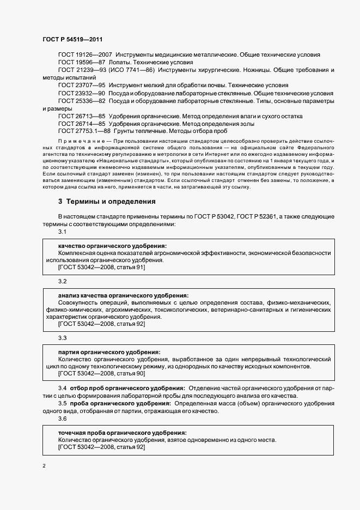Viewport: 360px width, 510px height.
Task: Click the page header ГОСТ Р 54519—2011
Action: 72,40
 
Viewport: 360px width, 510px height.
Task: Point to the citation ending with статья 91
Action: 101,267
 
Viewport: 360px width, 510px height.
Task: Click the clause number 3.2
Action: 62,281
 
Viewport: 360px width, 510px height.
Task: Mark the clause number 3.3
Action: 62,338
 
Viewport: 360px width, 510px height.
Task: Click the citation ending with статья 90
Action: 101,373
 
